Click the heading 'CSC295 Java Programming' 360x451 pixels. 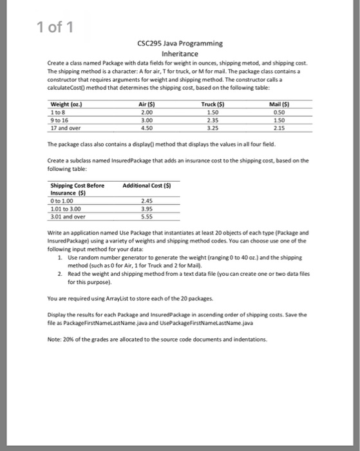point(180,43)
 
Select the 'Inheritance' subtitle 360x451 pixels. point(180,53)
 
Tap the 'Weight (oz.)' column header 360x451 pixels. point(66,104)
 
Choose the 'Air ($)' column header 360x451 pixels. point(147,104)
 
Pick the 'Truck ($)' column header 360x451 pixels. point(209,104)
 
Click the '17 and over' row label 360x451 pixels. point(64,126)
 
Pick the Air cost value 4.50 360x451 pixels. point(147,126)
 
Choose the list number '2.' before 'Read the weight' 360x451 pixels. point(60,273)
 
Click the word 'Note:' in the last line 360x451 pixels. point(57,340)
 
